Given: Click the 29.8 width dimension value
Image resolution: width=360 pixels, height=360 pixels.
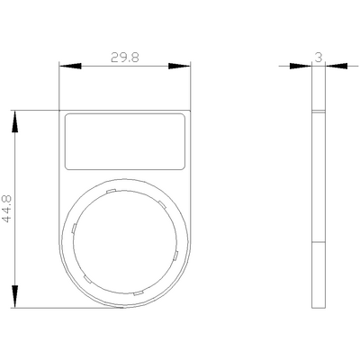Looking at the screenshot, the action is [x=125, y=57].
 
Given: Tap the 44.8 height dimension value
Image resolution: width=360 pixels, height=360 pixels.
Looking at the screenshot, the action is [x=7, y=209].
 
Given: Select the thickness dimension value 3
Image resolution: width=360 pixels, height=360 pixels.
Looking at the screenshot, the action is [x=319, y=57].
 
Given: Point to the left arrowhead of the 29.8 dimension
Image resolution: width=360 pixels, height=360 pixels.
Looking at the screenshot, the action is [x=70, y=66].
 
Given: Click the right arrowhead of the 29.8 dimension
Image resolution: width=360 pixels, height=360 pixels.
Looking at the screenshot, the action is [x=179, y=66].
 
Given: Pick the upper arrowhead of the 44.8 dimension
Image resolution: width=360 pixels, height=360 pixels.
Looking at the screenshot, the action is [x=14, y=121].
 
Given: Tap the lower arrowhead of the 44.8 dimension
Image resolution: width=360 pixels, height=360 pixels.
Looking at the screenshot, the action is [x=14, y=296].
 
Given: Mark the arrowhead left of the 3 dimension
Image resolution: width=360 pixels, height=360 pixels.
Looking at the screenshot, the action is [x=301, y=66].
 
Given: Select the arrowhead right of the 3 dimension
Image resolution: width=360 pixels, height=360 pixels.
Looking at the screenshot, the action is [x=337, y=66].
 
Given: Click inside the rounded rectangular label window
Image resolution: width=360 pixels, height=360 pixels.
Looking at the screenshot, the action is [x=125, y=141].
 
